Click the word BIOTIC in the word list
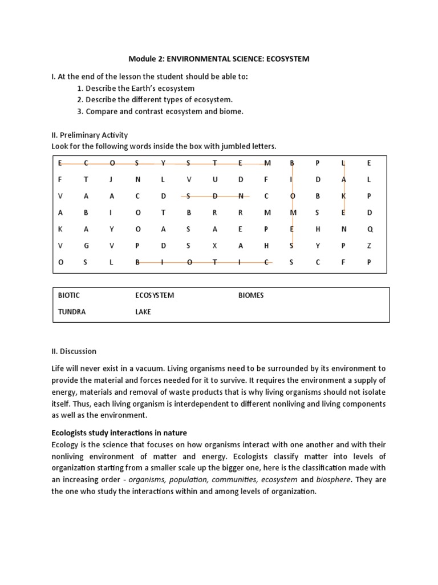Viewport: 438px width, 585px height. [69, 295]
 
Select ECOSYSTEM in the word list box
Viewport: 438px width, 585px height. [155, 295]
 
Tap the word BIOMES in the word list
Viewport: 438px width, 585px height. [251, 295]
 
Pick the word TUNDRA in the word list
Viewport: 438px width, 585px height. [71, 312]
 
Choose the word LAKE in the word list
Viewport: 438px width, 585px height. [143, 312]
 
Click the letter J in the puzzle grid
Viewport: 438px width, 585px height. [112, 179]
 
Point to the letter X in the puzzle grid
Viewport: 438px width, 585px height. [215, 246]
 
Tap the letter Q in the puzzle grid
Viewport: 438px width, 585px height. [369, 229]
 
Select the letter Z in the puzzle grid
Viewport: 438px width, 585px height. [369, 246]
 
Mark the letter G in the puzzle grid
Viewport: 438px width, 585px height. [86, 246]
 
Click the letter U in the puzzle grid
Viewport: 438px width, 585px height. [215, 179]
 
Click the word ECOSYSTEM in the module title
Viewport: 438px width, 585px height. [288, 59]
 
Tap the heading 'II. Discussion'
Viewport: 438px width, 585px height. [74, 351]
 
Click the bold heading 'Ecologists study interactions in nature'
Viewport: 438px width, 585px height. [119, 433]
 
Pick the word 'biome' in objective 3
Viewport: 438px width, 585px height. [232, 111]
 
